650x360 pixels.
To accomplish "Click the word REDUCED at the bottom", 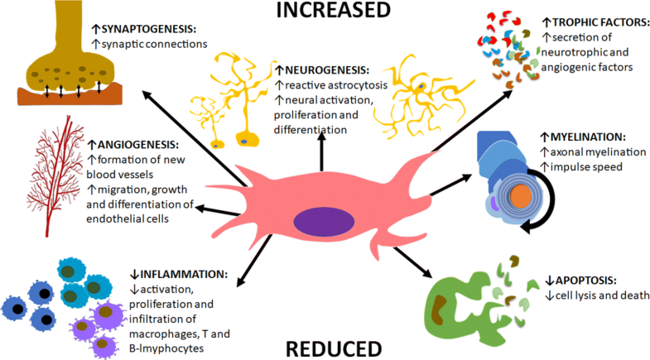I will tap(325, 347).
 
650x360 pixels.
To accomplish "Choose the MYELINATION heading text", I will tap(585, 136).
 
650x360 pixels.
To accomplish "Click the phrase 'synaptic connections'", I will tap(154, 44).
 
